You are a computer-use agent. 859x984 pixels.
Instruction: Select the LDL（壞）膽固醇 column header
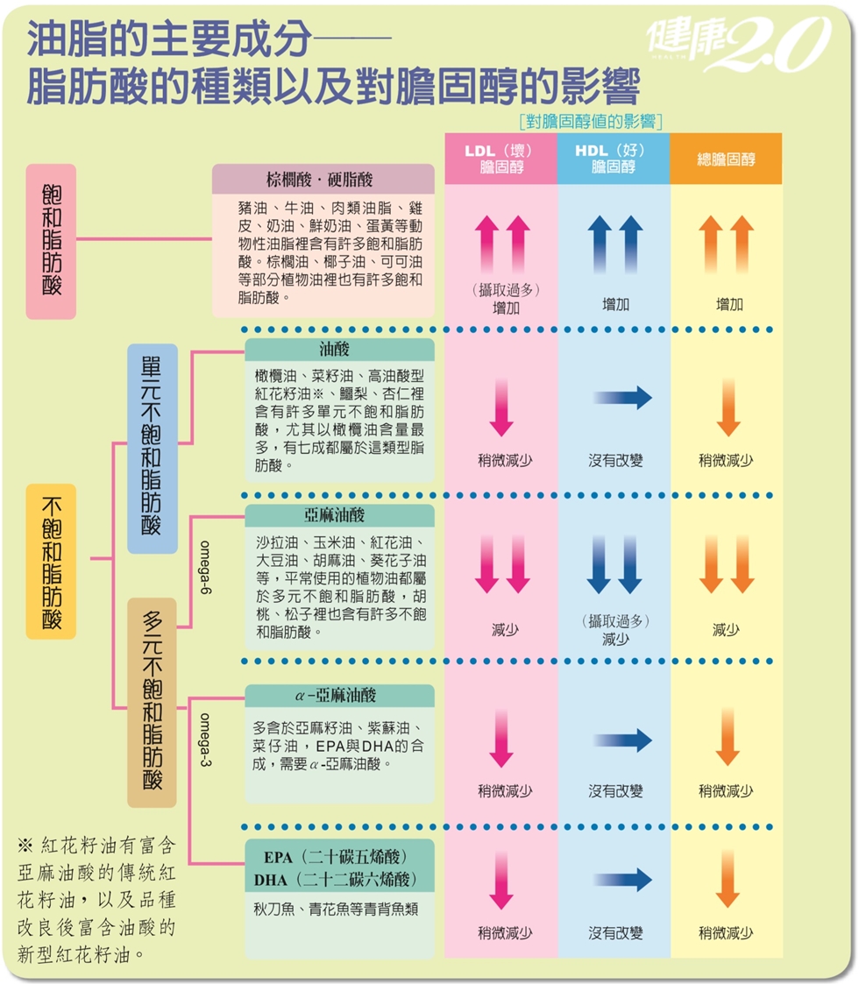click(500, 159)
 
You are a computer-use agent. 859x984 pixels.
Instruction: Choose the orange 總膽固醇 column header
click(726, 159)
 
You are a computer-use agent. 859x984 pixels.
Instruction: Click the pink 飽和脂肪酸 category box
click(52, 241)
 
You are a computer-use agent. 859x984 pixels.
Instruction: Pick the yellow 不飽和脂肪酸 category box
click(52, 561)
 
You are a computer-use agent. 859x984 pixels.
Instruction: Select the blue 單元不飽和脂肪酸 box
click(152, 448)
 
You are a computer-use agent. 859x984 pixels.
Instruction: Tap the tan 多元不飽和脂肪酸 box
click(152, 702)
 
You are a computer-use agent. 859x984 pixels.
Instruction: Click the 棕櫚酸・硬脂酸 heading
click(323, 180)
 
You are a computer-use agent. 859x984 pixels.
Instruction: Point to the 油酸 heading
click(339, 349)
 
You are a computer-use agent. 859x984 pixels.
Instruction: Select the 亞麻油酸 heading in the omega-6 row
click(339, 515)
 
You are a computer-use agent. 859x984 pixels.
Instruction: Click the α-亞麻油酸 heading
click(339, 695)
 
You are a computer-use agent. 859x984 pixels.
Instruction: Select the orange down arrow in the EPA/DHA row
click(728, 878)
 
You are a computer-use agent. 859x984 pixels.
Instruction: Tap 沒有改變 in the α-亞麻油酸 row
click(615, 791)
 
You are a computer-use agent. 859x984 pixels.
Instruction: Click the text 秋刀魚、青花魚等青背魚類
click(336, 910)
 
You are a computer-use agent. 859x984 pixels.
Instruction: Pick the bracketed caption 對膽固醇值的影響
click(590, 120)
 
